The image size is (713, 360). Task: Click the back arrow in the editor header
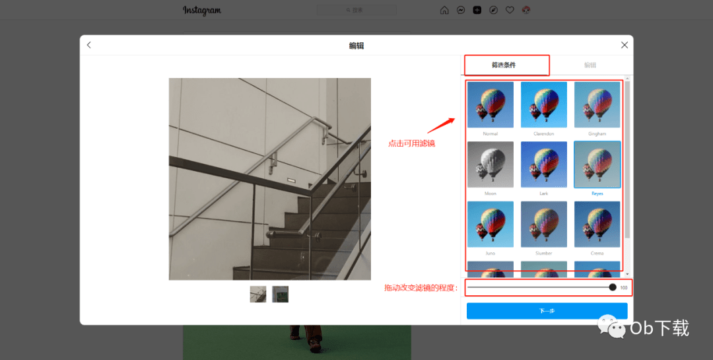click(x=89, y=45)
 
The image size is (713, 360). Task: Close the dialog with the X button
click(x=625, y=45)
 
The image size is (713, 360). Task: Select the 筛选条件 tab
click(x=504, y=65)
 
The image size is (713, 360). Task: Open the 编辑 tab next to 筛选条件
click(x=590, y=65)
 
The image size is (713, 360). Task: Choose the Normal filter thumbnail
click(x=491, y=104)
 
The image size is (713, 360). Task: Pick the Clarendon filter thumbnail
click(x=544, y=104)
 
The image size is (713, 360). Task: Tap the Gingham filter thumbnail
click(x=597, y=104)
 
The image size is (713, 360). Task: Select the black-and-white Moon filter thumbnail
click(x=491, y=164)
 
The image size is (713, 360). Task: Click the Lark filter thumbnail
click(x=544, y=164)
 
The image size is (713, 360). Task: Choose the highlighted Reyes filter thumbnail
click(x=597, y=164)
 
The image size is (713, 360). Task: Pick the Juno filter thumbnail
click(x=491, y=224)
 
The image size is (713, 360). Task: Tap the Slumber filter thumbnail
click(x=544, y=224)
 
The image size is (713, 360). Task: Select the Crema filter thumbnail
click(x=597, y=224)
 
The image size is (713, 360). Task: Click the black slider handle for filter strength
click(x=613, y=287)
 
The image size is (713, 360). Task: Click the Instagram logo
click(x=202, y=11)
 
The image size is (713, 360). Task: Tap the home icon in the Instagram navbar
click(x=444, y=11)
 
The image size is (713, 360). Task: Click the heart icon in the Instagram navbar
click(x=510, y=11)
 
